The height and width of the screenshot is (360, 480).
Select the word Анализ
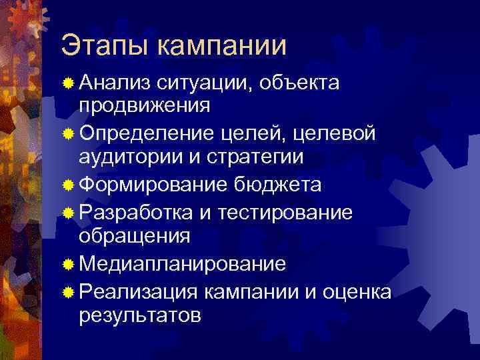[114, 82]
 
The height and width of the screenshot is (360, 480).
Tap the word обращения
[134, 235]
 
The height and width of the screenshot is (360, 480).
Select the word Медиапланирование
[183, 263]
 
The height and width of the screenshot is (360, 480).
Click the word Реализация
[138, 291]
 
